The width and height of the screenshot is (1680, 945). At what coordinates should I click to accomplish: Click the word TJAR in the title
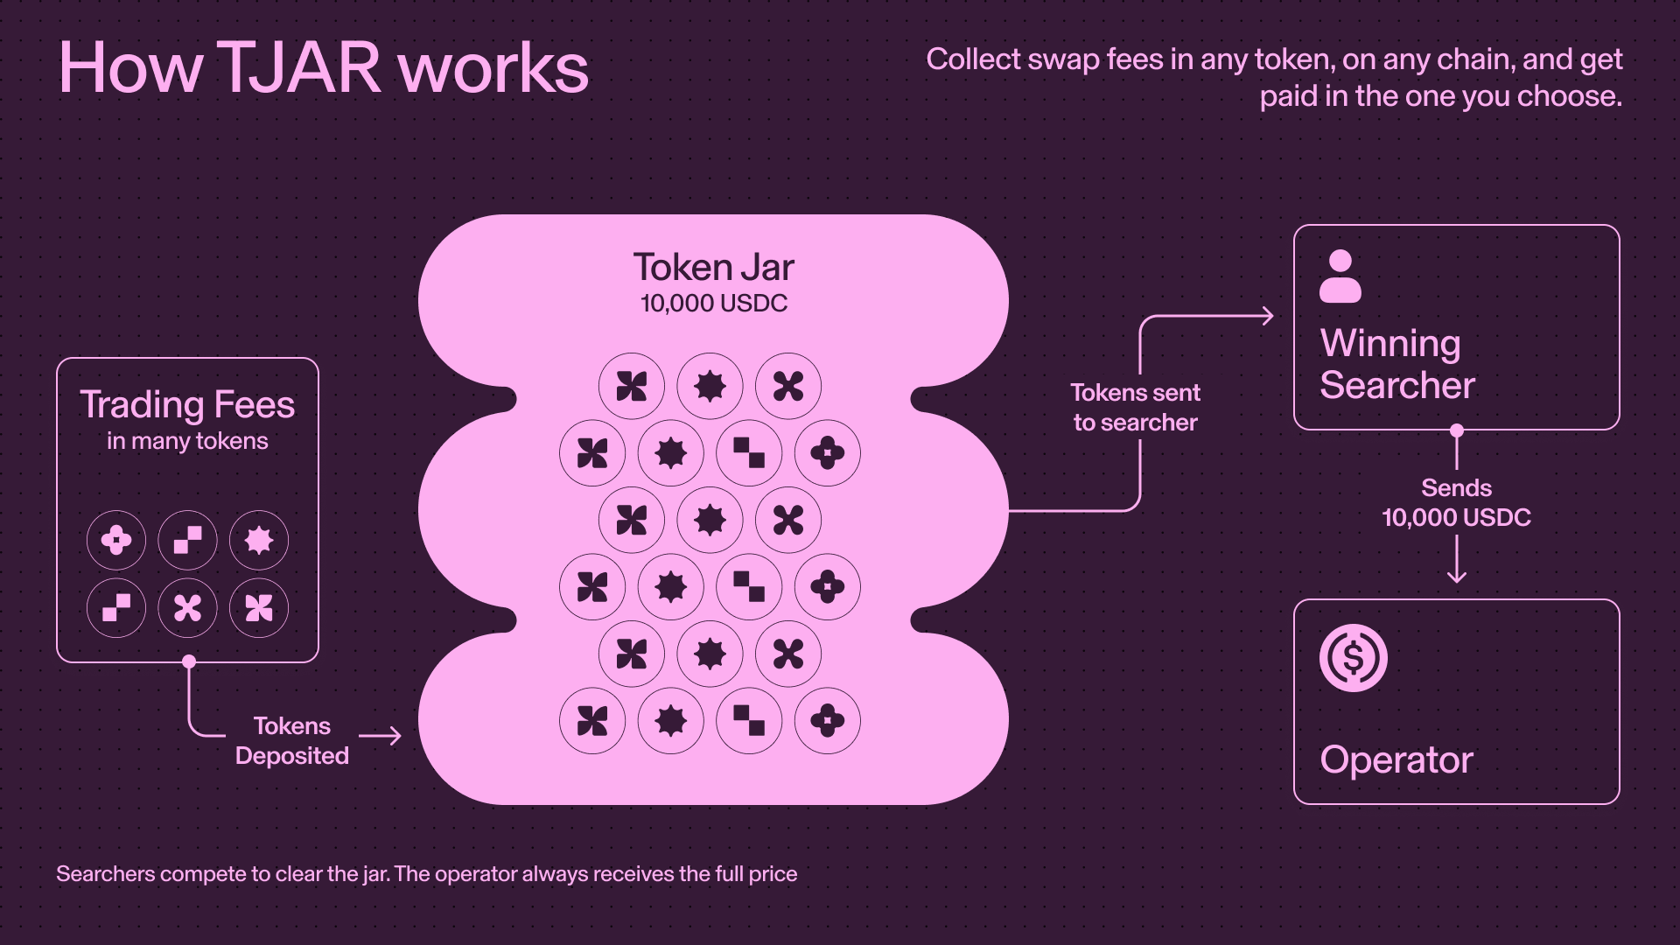click(x=298, y=67)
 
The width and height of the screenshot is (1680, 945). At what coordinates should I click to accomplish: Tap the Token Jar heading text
click(x=713, y=267)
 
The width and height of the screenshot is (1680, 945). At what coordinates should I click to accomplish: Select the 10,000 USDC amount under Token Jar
click(x=714, y=304)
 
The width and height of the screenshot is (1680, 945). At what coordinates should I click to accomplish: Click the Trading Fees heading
click(x=187, y=405)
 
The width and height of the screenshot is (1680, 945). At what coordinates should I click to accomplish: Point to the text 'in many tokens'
click(x=187, y=441)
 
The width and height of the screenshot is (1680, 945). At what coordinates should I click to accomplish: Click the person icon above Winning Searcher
click(x=1340, y=276)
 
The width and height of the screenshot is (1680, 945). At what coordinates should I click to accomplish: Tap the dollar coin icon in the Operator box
click(x=1354, y=658)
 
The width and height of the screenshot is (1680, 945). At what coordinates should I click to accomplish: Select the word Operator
click(x=1396, y=759)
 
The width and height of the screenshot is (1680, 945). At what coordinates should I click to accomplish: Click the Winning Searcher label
click(x=1397, y=364)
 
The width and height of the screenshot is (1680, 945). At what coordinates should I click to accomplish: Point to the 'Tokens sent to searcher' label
click(x=1136, y=408)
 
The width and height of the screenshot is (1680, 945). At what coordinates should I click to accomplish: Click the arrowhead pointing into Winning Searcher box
click(x=1269, y=316)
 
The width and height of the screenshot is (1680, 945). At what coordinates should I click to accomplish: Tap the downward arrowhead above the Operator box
click(x=1457, y=576)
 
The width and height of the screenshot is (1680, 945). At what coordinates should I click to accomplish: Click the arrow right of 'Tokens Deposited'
click(x=381, y=736)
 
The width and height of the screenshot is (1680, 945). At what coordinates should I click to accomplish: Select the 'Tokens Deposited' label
click(x=292, y=741)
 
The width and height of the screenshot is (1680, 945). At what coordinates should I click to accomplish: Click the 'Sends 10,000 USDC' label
click(x=1457, y=503)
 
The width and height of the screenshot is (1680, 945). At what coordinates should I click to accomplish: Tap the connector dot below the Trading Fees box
click(x=189, y=661)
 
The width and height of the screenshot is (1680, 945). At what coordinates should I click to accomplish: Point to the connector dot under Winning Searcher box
click(x=1457, y=430)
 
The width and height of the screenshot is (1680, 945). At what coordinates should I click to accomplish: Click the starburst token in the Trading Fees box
click(x=259, y=541)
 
